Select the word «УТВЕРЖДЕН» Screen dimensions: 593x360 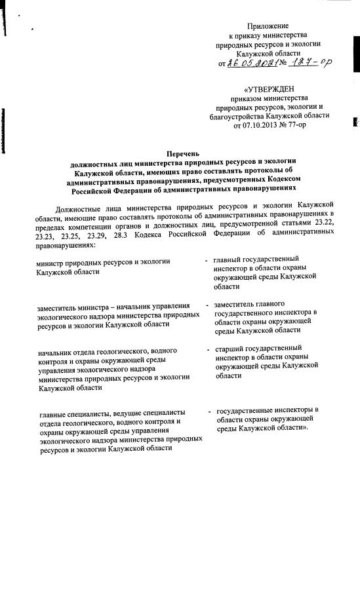tap(271, 88)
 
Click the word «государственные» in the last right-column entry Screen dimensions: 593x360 tap(249, 410)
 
